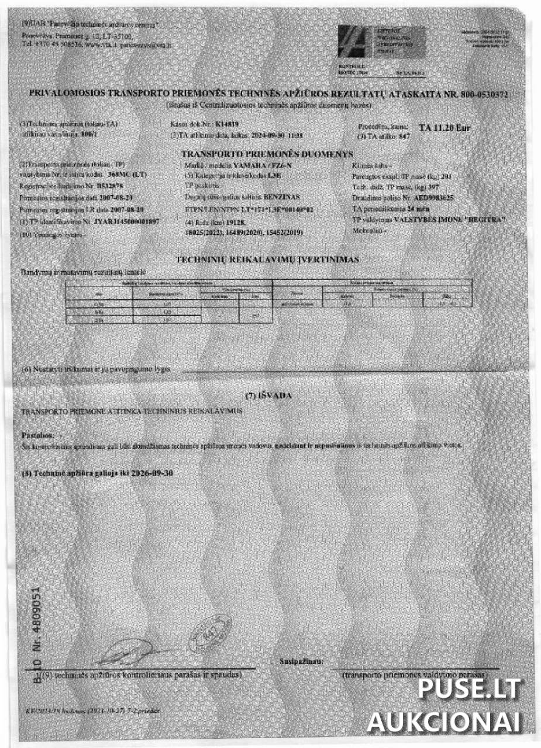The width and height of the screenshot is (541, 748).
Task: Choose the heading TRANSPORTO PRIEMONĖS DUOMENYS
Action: [x=267, y=154]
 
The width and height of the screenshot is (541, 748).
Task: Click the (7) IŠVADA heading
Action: [x=271, y=396]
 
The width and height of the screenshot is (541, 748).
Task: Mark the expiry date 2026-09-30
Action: [x=153, y=473]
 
